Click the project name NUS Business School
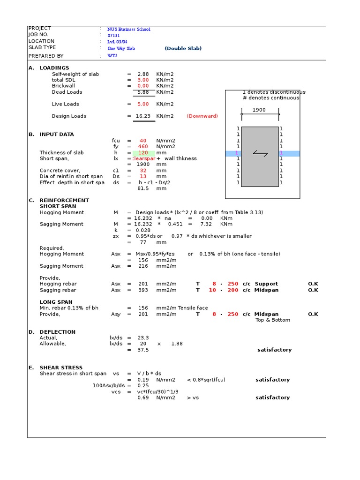pos(128,29)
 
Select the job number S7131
pos(113,35)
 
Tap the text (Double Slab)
pos(183,48)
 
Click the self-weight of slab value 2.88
pos(143,74)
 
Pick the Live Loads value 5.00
pos(143,104)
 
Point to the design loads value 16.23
pos(143,116)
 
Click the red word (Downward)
pos(202,116)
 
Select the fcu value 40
pos(143,141)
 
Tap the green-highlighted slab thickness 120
pos(143,153)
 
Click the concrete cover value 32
pos(143,171)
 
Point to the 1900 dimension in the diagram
pos(259,110)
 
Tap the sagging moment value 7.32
pos(206,224)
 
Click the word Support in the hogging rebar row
pos(266,284)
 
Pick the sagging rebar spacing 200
pos(233,290)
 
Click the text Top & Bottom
pos(273,320)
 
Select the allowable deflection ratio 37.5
pos(143,350)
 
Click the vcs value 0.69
pos(143,397)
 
